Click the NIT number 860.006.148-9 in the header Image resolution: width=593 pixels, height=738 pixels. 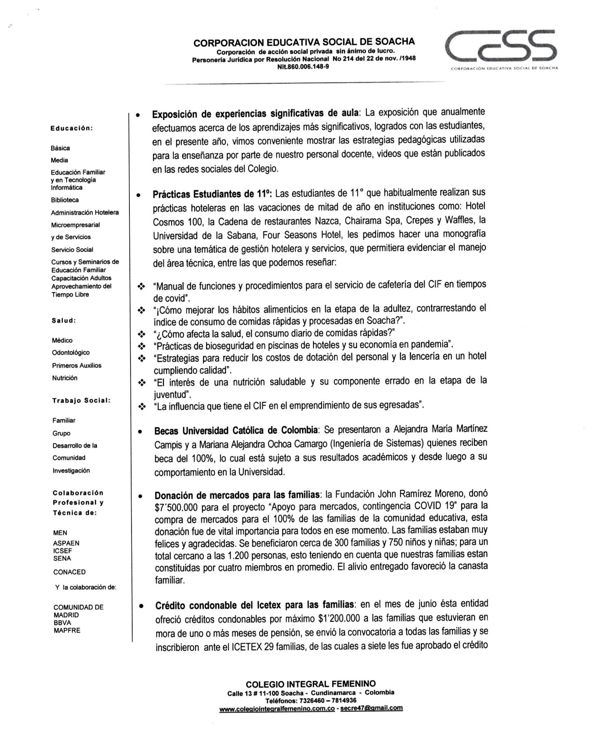303,66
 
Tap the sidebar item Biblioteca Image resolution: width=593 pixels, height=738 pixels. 65,200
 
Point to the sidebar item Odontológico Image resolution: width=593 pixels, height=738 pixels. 71,353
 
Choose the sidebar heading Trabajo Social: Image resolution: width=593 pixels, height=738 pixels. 81,401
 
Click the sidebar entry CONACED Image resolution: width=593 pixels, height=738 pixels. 69,572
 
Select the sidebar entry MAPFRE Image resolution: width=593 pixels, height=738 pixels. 67,631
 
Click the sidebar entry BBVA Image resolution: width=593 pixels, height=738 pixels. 62,623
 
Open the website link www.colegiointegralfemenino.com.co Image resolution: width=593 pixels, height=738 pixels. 277,708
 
